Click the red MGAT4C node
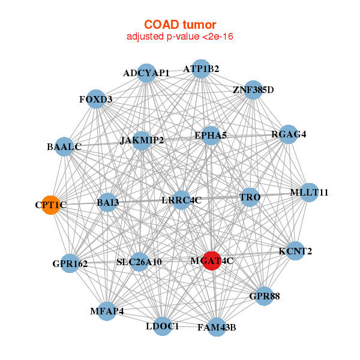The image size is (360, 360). click(212, 261)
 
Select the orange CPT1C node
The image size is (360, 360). click(51, 205)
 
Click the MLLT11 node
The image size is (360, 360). click(309, 193)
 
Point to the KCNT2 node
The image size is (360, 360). click(295, 251)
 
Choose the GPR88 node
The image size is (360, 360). click(264, 296)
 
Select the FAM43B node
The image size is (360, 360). click(217, 327)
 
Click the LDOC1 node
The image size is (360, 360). click(163, 326)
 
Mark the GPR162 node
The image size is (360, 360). click(70, 263)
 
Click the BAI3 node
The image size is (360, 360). click(108, 203)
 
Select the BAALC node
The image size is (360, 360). click(64, 146)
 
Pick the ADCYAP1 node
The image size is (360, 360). click(146, 73)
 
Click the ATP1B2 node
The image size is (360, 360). click(201, 69)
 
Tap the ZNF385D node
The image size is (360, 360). click(253, 91)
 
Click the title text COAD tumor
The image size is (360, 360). click(180, 25)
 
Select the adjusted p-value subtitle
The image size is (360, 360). click(180, 37)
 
